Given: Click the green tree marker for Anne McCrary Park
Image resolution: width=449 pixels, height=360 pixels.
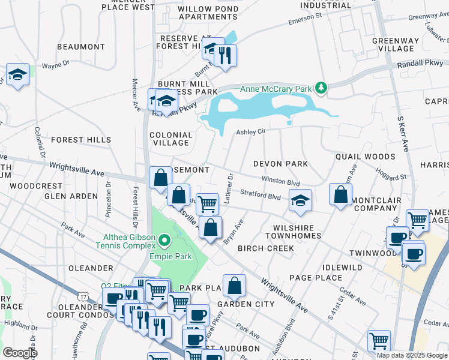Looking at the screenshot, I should [322, 89].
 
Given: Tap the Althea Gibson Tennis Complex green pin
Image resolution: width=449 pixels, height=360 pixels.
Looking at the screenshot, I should [163, 241].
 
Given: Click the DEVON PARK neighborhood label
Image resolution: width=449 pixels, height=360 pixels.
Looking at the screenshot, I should [280, 163].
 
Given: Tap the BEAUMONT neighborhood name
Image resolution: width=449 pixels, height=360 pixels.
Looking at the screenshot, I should [81, 46].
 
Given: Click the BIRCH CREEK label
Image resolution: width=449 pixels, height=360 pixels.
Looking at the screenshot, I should [266, 248].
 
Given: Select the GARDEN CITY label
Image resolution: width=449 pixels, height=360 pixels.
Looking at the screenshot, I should [246, 304].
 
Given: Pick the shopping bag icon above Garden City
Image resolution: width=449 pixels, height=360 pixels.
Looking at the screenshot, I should [234, 286].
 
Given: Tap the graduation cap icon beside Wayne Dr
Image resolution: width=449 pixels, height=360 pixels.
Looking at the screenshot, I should [17, 75].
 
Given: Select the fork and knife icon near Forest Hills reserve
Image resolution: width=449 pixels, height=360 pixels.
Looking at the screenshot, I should [225, 55].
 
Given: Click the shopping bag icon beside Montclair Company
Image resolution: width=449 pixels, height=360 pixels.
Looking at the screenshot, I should [340, 194].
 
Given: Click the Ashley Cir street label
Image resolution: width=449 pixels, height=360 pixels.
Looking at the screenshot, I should [250, 131].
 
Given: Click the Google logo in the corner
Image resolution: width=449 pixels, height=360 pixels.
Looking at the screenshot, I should [20, 352].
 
